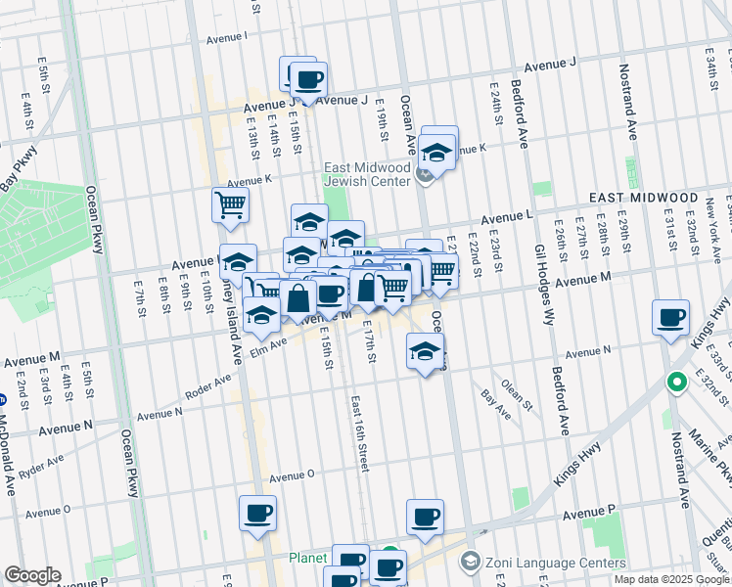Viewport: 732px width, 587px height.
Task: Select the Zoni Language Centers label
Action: [x=555, y=563]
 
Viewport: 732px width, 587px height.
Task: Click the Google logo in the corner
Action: [x=32, y=575]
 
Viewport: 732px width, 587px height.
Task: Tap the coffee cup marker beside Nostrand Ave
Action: [x=671, y=317]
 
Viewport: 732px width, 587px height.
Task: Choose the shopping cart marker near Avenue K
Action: [x=230, y=204]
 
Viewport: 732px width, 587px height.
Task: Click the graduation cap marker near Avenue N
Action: [x=425, y=351]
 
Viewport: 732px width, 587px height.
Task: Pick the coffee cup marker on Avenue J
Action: [x=308, y=79]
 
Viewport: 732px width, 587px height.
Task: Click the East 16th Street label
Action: [x=358, y=434]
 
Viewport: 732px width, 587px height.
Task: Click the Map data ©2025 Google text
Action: [x=670, y=578]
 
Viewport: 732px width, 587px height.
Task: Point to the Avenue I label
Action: [x=227, y=38]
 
